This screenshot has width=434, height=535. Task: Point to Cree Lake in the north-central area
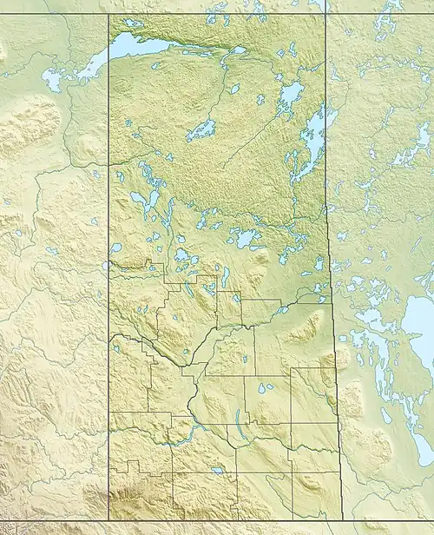click(x=201, y=130)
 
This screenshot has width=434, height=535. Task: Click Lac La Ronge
click(x=246, y=237)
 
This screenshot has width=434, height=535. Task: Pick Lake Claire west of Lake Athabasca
click(x=52, y=81)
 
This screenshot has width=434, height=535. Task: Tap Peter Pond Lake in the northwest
click(x=140, y=199)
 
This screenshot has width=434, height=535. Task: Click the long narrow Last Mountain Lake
click(x=237, y=425)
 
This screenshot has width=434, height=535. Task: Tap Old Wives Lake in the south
click(x=216, y=470)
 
